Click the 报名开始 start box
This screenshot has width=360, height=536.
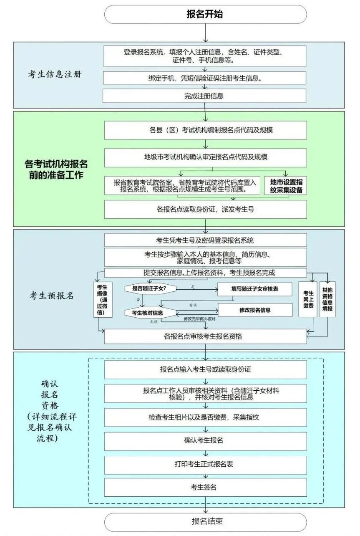tap(205, 15)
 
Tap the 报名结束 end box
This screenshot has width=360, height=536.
tap(205, 521)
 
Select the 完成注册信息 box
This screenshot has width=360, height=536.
tap(205, 96)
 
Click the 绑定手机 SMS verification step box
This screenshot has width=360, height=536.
tap(205, 78)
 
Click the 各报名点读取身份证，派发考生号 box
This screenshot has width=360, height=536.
tap(205, 210)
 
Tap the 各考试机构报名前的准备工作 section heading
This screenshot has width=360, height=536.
tap(56, 169)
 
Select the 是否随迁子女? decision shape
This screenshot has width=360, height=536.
tap(149, 288)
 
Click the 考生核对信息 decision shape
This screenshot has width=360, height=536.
tap(149, 312)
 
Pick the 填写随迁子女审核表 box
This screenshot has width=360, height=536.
tap(254, 288)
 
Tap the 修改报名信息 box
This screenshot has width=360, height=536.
tap(254, 310)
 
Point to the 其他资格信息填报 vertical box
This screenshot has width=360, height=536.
tap(328, 299)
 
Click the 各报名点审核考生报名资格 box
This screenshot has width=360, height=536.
tap(205, 336)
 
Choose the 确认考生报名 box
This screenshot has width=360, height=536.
tap(205, 440)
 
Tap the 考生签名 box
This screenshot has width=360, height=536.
tap(205, 487)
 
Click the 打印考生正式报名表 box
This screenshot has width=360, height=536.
tap(205, 464)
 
